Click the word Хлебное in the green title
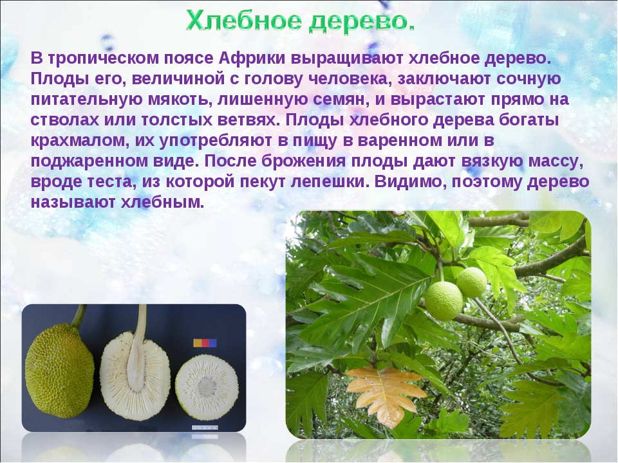(x=245, y=21)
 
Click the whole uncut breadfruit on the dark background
(x=59, y=370)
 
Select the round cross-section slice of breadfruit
(x=207, y=381)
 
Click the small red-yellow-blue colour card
(x=205, y=343)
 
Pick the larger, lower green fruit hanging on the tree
(x=444, y=301)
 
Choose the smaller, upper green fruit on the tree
(x=472, y=282)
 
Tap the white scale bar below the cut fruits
(x=205, y=427)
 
